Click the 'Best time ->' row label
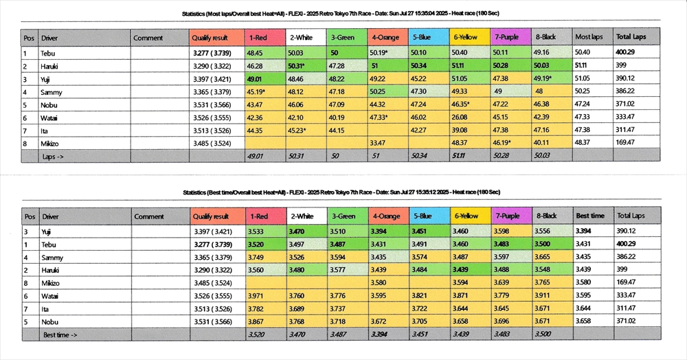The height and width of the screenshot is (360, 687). click(x=60, y=335)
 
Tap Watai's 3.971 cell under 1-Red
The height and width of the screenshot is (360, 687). click(x=266, y=295)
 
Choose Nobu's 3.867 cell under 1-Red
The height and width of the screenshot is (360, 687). click(x=266, y=322)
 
